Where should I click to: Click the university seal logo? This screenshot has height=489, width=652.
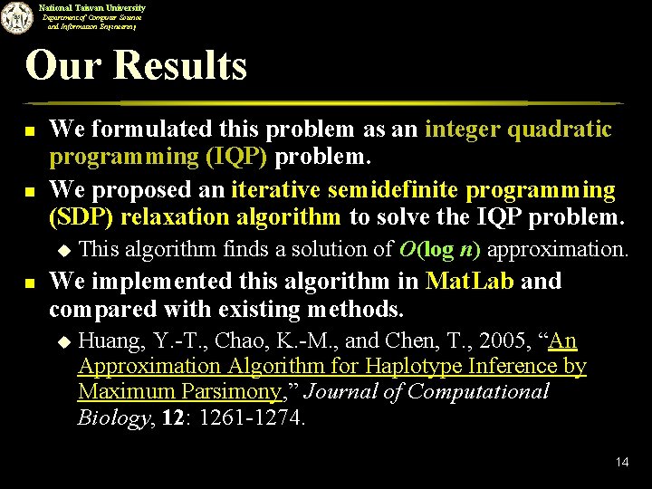pos(15,16)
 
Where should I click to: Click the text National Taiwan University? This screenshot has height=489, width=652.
pos(91,7)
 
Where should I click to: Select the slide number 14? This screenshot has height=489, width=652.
pos(621,462)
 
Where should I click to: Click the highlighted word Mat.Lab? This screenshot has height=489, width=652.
pos(470,281)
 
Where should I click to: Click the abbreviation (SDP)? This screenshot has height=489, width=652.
pos(77,217)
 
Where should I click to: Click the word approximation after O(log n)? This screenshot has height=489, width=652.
pos(557,249)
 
